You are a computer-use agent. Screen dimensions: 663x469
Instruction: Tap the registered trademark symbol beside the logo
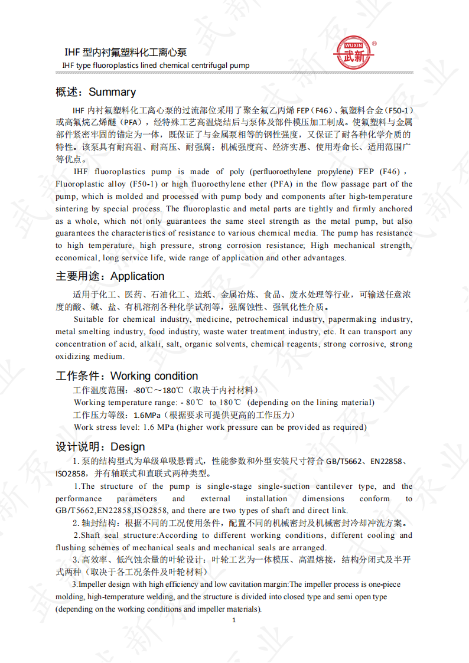[374, 44]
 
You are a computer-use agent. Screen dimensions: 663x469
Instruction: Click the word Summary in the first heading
[112, 92]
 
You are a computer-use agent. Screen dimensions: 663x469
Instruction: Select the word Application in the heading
[137, 276]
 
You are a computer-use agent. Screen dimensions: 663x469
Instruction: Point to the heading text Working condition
[154, 376]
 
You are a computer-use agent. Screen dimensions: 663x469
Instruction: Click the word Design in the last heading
[128, 447]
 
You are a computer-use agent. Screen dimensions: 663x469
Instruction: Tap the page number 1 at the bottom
[234, 620]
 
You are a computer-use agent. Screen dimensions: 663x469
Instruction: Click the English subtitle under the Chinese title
[156, 65]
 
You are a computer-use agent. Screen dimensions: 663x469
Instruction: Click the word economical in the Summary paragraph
[76, 258]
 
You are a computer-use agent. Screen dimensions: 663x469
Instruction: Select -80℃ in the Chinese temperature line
[142, 391]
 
